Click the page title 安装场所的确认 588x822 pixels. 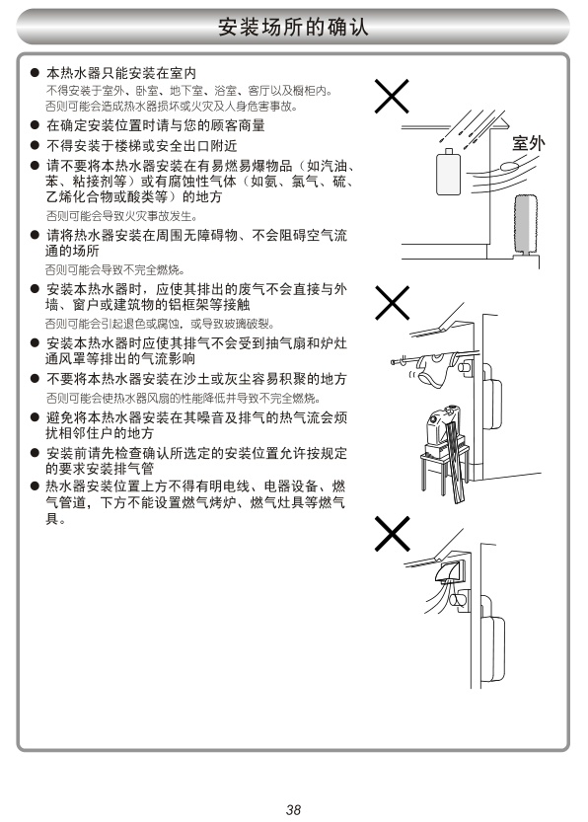pos(293,27)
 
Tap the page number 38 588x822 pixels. pos(293,809)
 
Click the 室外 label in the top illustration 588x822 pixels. pos(528,143)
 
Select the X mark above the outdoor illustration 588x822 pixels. pos(392,97)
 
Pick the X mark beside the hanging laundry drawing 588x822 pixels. pos(392,303)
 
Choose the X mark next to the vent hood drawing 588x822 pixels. pos(392,534)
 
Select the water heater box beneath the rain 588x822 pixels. pos(448,172)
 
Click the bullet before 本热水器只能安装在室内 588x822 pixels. pos(35,72)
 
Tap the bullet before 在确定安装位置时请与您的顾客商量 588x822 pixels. pos(35,125)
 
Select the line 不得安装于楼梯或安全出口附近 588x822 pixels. pos(141,145)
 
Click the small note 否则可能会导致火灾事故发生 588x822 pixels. pos(121,216)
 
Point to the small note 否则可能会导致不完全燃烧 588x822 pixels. pos(115,270)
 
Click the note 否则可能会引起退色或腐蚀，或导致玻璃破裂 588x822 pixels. pos(160,324)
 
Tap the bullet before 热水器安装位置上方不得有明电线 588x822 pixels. pos(35,486)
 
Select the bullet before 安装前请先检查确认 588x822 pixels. pos(35,454)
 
